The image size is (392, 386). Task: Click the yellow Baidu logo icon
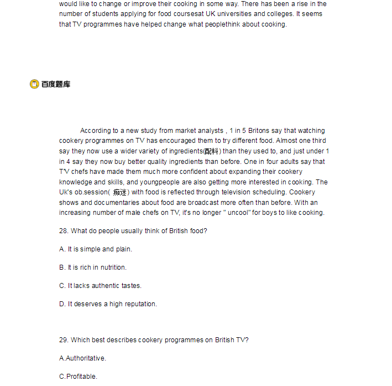pyautogui.click(x=34, y=84)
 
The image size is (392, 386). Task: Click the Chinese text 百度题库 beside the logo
pyautogui.click(x=56, y=84)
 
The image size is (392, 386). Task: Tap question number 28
pyautogui.click(x=64, y=231)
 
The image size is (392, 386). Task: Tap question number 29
pyautogui.click(x=64, y=340)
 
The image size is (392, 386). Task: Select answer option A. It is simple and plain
pyautogui.click(x=96, y=249)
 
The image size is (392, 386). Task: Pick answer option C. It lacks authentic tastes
pyautogui.click(x=100, y=286)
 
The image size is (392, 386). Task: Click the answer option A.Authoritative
pyautogui.click(x=82, y=358)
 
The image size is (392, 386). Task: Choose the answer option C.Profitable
pyautogui.click(x=78, y=377)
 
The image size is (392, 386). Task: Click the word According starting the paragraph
pyautogui.click(x=95, y=131)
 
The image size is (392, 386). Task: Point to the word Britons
pyautogui.click(x=258, y=131)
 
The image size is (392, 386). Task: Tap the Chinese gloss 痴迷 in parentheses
pyautogui.click(x=120, y=193)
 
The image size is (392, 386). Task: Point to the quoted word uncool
pyautogui.click(x=238, y=213)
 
